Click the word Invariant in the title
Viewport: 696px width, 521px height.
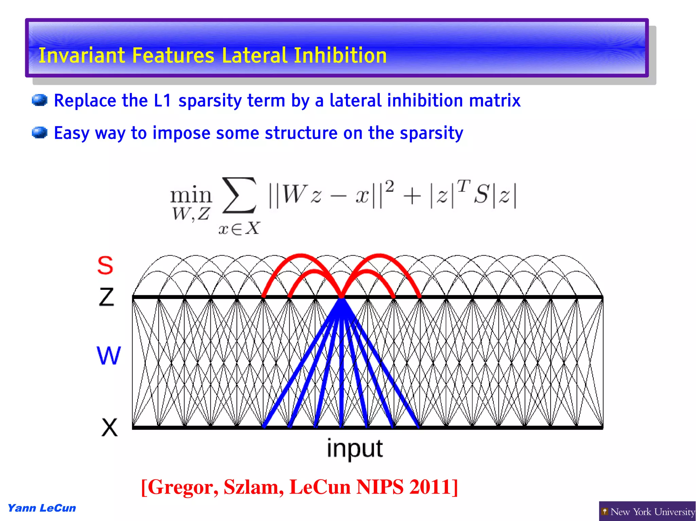[x=82, y=55]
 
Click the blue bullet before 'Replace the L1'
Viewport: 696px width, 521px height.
[x=39, y=100]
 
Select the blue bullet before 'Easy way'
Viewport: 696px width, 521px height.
[x=39, y=133]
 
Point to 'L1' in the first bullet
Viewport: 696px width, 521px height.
[x=162, y=100]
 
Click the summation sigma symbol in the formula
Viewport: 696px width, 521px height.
[x=239, y=196]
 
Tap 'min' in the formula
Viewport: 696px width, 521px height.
[x=191, y=195]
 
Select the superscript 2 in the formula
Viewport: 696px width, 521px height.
[x=390, y=187]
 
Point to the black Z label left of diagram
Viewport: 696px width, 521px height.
[x=106, y=297]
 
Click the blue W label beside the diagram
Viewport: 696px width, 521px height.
[x=109, y=355]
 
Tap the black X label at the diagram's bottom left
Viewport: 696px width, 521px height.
[x=109, y=427]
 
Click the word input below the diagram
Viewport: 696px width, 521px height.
[x=354, y=449]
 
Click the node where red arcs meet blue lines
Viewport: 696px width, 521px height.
[x=341, y=298]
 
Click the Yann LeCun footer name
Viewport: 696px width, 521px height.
[x=42, y=508]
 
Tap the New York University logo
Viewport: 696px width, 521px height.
[x=647, y=511]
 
